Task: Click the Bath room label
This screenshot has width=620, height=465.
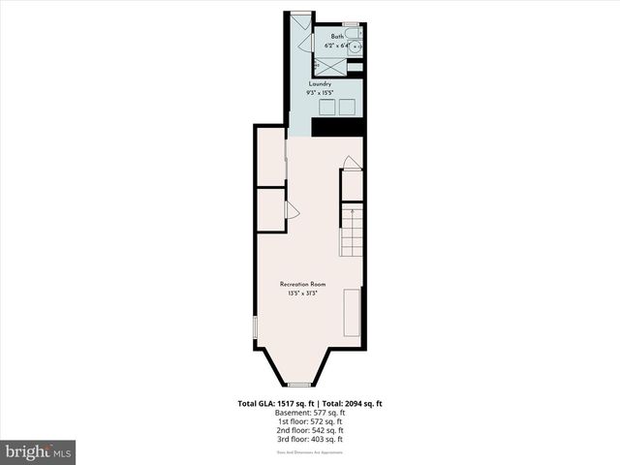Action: [x=337, y=37]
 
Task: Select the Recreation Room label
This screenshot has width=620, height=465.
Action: [x=302, y=284]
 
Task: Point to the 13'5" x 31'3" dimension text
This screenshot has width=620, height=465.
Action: [x=303, y=294]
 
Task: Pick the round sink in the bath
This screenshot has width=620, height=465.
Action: [x=356, y=46]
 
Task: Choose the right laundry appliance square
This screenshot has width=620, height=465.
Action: [x=347, y=107]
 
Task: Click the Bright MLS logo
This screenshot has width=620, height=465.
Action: [x=39, y=451]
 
